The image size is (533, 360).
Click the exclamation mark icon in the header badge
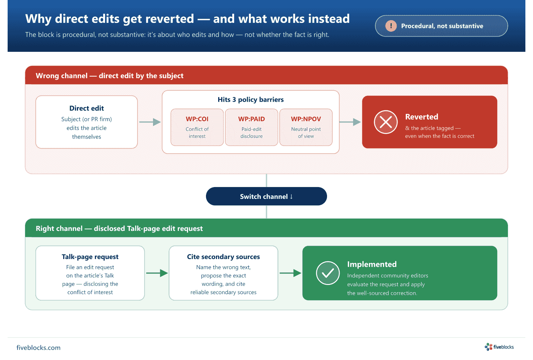(391, 26)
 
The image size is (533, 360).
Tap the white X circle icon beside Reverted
(386, 122)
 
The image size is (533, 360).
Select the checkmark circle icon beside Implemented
(328, 273)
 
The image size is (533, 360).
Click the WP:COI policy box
(197, 127)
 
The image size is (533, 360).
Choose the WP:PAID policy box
(252, 127)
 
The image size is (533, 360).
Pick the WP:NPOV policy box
(306, 127)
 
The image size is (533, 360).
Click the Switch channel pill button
(266, 196)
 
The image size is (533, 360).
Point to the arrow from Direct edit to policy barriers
(150, 122)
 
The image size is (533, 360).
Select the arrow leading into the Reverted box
(350, 122)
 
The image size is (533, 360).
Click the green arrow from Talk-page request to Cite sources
(157, 273)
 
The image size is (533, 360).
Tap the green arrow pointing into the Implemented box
(290, 273)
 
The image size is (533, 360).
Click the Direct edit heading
(87, 108)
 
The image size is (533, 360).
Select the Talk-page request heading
(90, 257)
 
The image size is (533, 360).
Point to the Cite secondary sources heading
(223, 257)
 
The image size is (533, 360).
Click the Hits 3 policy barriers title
(251, 99)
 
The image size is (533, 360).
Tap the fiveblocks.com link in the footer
(38, 347)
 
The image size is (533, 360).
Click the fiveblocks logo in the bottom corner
(499, 347)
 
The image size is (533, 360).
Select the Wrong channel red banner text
(110, 76)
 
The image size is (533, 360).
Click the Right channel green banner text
(119, 229)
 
